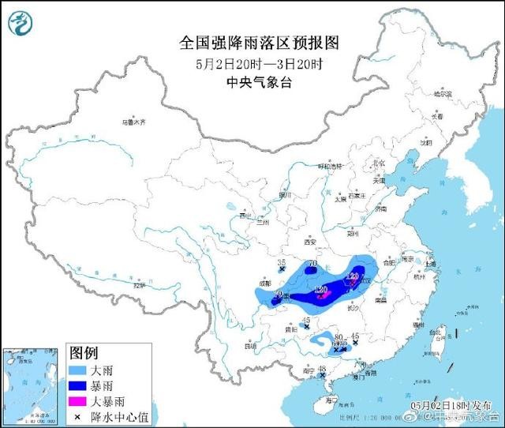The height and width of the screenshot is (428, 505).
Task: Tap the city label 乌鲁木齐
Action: point(134,122)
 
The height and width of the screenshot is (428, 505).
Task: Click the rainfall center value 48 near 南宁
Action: point(322,369)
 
